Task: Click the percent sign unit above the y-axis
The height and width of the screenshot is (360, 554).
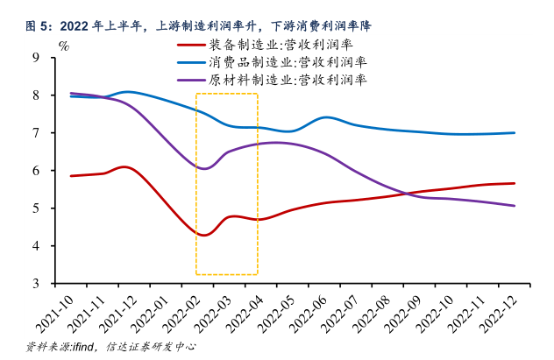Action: pyautogui.click(x=63, y=44)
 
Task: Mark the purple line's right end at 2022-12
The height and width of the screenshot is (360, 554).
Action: pyautogui.click(x=514, y=206)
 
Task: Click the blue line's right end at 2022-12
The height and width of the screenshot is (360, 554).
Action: pyautogui.click(x=514, y=133)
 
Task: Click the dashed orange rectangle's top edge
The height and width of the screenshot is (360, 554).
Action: pyautogui.click(x=226, y=94)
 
